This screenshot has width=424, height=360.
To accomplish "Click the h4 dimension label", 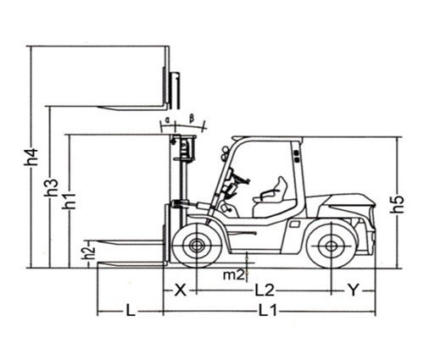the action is (x=33, y=157).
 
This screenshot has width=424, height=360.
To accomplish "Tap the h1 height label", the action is (x=70, y=201).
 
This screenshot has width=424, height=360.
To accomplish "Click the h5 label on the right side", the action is (x=398, y=203).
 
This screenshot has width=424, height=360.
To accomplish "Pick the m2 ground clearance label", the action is (x=233, y=274).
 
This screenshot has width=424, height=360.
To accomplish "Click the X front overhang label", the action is (x=180, y=291).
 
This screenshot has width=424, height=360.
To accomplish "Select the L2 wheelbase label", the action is (x=265, y=291).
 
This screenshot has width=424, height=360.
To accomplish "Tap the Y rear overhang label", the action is (x=353, y=291).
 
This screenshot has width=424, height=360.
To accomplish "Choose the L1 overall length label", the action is (x=268, y=312).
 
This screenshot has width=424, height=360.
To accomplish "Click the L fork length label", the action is (x=131, y=312).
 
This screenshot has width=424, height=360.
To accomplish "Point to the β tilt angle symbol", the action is (x=192, y=119).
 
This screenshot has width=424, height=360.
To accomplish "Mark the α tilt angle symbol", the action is (x=167, y=120).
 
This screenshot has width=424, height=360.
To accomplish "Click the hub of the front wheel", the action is (x=196, y=246).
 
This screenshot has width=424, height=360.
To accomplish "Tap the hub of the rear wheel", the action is (x=331, y=246).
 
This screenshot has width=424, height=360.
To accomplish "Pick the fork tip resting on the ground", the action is (x=99, y=264).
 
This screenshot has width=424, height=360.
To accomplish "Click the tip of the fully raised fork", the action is (x=99, y=107).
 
